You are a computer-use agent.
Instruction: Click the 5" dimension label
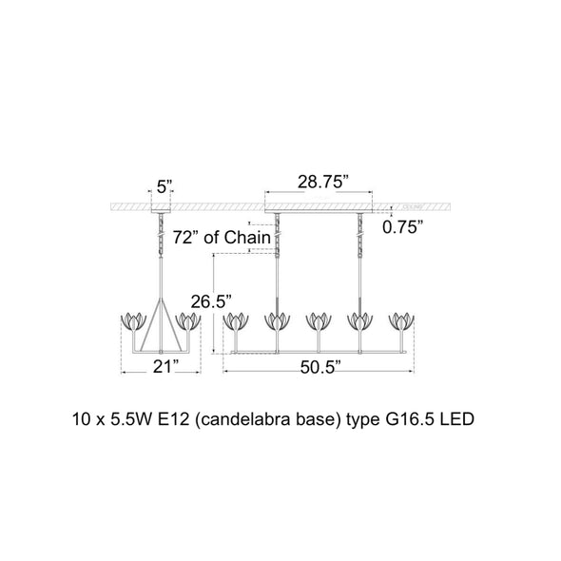[164, 186]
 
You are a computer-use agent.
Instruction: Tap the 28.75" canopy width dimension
[323, 182]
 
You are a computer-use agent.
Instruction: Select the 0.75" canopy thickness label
[402, 227]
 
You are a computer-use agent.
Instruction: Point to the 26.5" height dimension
[211, 301]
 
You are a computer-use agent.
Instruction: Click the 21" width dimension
[166, 366]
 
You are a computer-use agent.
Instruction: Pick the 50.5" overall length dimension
[320, 367]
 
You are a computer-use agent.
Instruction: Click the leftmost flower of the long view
[236, 321]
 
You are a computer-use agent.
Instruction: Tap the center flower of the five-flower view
[319, 321]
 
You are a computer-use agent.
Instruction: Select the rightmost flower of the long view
[401, 321]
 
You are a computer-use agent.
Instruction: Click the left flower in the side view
[134, 321]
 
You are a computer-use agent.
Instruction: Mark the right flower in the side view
[188, 321]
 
